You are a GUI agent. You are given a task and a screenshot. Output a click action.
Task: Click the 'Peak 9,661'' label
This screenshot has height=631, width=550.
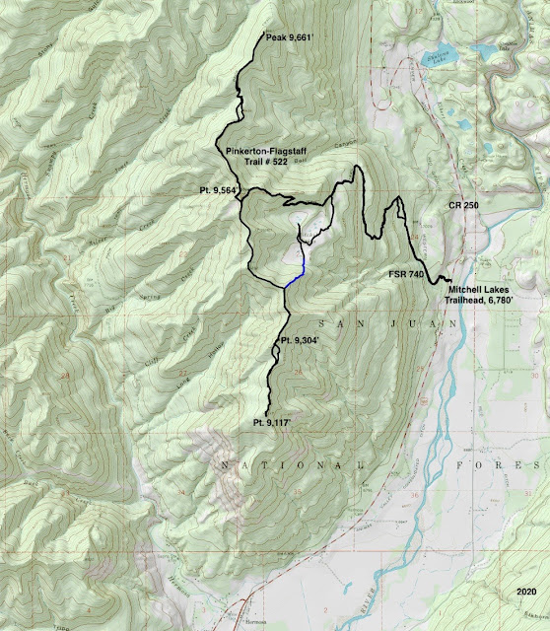290,38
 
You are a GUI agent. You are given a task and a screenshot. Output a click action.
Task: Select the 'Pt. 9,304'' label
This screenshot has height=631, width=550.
300,340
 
